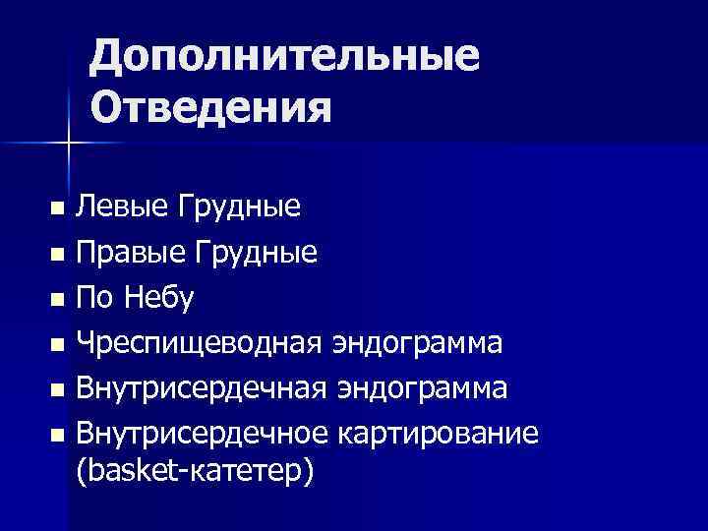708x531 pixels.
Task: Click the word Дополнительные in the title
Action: click(284, 58)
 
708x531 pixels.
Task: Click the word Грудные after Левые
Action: click(239, 208)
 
